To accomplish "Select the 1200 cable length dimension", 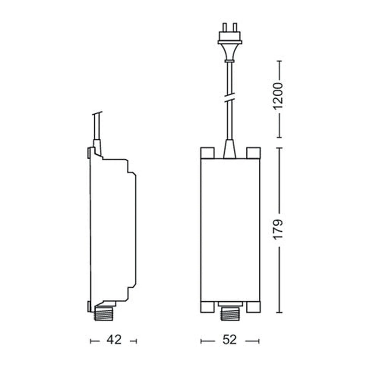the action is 279,96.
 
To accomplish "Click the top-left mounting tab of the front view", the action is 207,153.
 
